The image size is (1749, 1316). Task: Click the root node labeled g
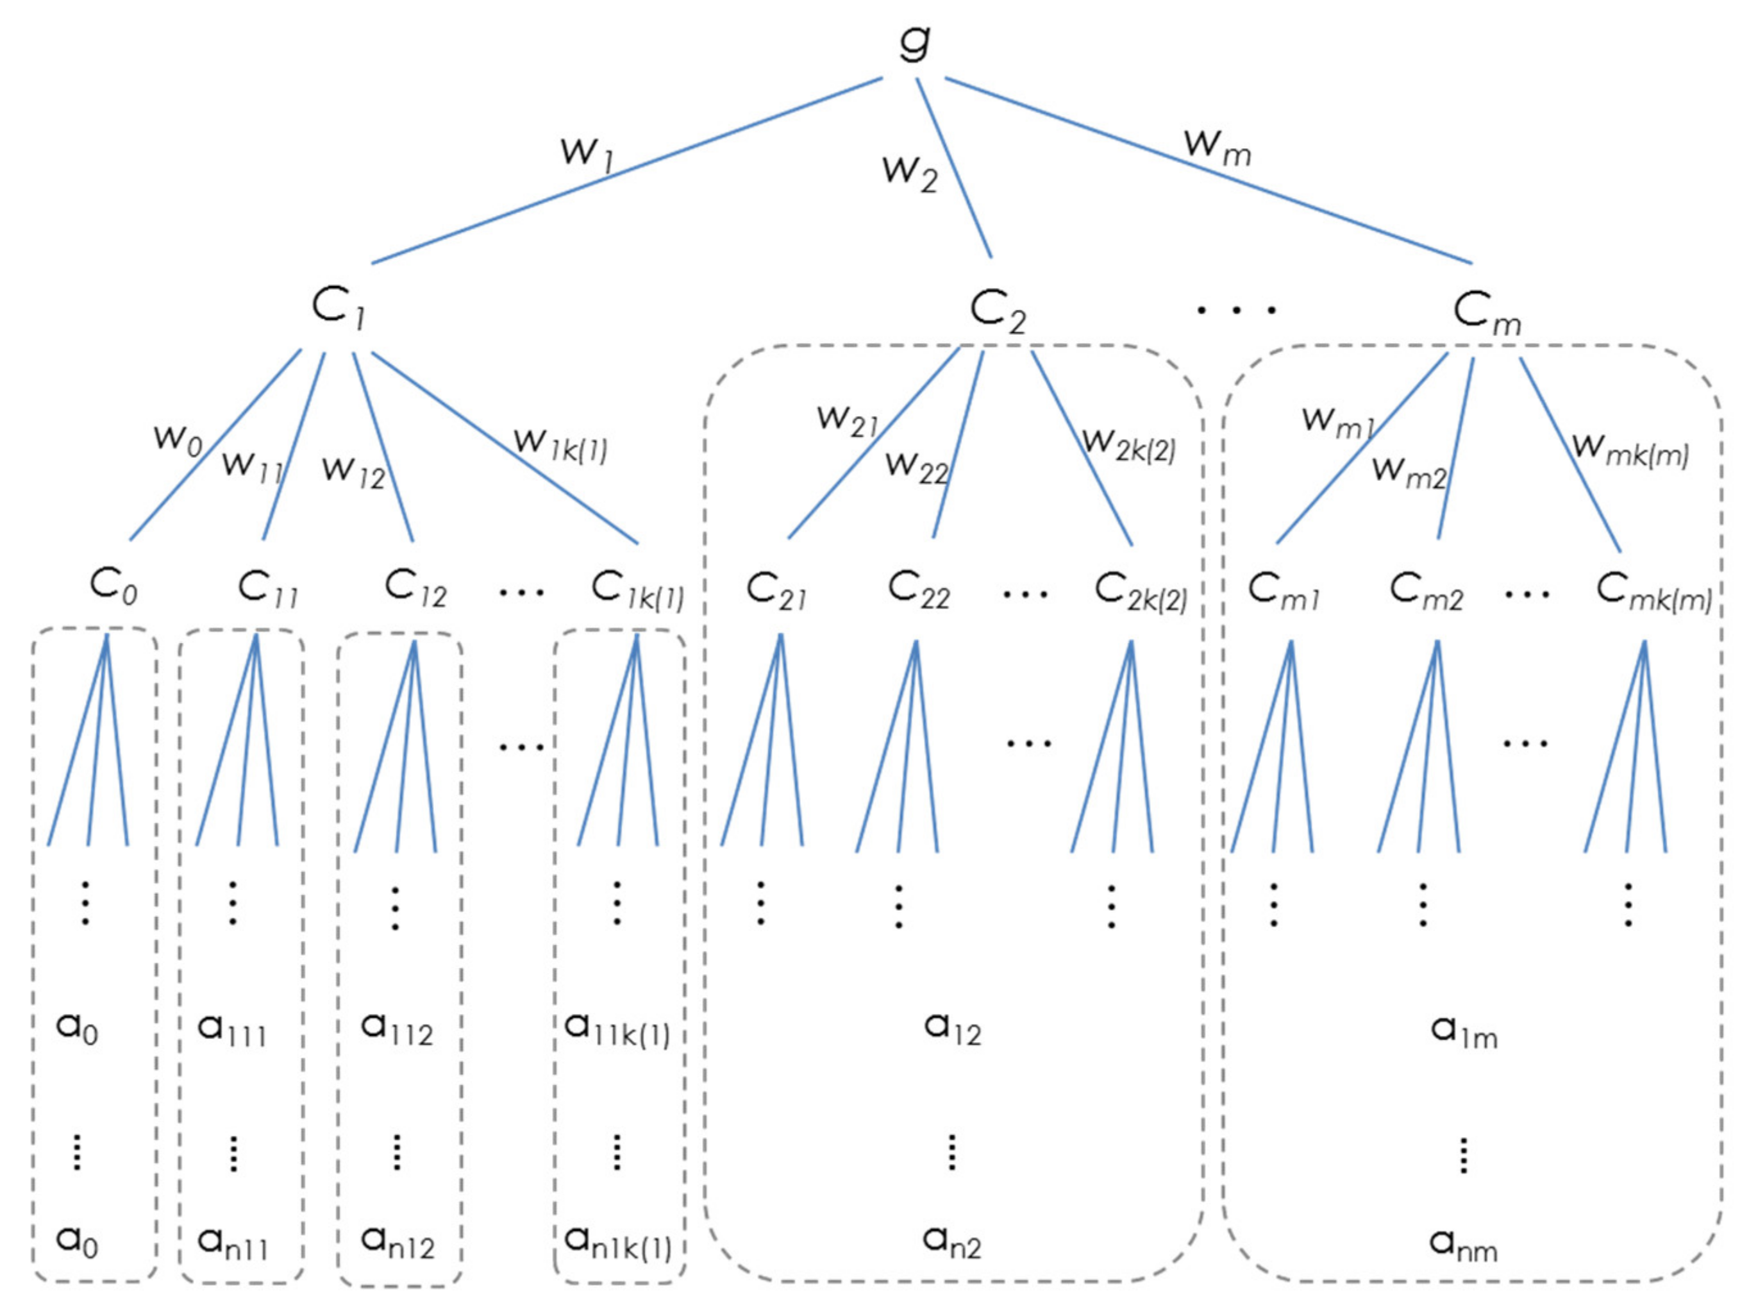[x=916, y=44]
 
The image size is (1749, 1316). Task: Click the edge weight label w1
[x=587, y=152]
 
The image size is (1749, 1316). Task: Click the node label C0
[x=113, y=587]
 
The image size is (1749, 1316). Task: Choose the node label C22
[x=918, y=591]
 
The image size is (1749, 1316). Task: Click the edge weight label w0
[x=178, y=439]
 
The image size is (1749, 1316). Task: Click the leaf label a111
[x=231, y=1030]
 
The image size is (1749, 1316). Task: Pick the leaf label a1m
[x=1464, y=1031]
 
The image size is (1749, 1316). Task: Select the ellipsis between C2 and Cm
[x=1236, y=310]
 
